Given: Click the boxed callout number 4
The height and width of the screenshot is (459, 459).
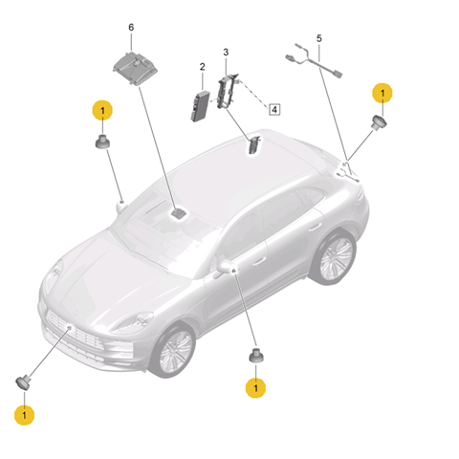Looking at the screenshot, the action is coord(274,110).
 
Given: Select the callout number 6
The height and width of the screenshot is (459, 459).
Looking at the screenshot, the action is coord(131,28).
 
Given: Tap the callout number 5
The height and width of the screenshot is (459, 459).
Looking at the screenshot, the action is coord(319,38).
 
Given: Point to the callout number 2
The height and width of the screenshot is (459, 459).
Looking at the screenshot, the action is coord(203,67).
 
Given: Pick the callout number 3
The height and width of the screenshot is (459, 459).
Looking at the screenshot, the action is coord(226,52).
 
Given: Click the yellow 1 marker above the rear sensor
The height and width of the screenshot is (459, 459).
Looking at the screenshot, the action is coord(382,93).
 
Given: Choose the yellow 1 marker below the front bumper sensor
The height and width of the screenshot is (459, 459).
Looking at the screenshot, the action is coord(24,415).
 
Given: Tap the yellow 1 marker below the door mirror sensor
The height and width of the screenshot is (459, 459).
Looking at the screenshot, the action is coord(255,388).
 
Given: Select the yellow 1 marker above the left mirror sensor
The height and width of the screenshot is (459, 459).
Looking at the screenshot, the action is coord(102,111).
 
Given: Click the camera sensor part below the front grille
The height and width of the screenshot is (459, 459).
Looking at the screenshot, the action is coord(23,382).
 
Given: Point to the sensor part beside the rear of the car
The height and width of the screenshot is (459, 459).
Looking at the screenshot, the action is coord(379,122).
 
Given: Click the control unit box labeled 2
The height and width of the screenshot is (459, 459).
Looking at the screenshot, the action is coord(201,106).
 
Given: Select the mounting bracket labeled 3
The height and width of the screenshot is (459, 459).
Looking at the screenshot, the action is coord(228,91).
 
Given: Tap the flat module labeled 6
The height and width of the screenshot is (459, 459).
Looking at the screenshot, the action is coord(135,68).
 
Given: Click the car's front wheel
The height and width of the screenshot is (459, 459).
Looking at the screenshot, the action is coord(174,350).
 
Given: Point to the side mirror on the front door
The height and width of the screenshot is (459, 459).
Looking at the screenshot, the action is coord(226,267).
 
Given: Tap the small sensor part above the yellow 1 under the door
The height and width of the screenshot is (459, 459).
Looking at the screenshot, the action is coord(256,356).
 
